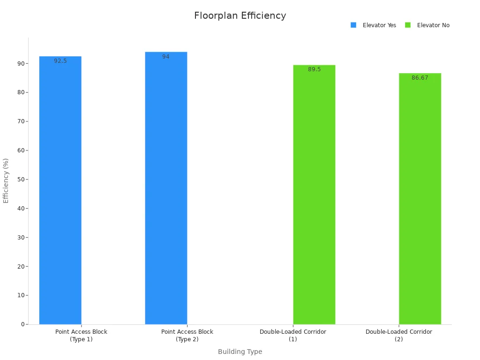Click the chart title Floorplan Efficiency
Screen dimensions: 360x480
coord(240,15)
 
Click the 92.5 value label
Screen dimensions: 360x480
coord(60,61)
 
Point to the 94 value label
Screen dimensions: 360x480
coord(166,57)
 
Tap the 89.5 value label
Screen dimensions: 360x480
coord(314,69)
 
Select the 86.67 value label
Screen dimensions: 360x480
coord(420,78)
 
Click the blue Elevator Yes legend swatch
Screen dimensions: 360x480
coord(353,25)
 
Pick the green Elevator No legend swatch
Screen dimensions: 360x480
coord(408,25)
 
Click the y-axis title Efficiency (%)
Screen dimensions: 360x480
coord(6,180)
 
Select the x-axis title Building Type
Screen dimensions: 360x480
coord(240,352)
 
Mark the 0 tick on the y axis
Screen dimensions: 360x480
coord(22,324)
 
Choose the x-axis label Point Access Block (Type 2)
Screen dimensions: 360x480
coord(187,335)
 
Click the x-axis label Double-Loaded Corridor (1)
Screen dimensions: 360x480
coord(293,335)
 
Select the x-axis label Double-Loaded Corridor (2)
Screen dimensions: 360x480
coord(399,335)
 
